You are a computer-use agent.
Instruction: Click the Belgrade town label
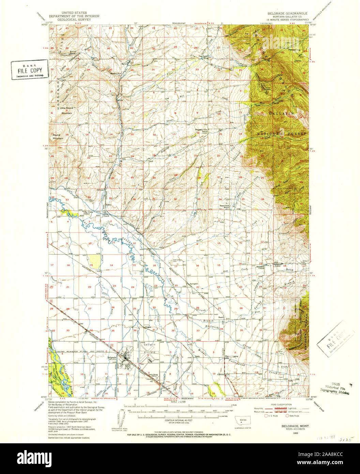pos(112,357)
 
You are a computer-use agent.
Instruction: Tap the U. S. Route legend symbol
pos(267,416)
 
